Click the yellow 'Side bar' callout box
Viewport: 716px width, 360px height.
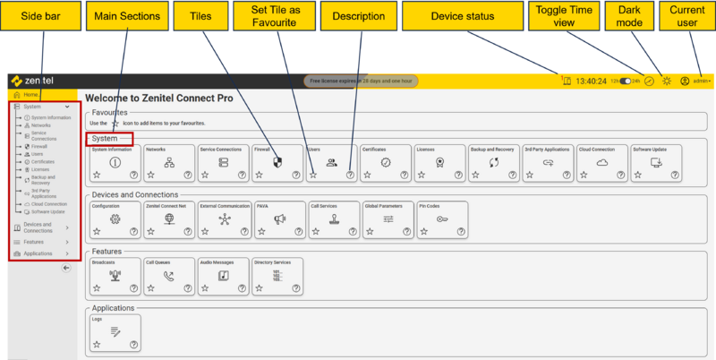(x=38, y=15)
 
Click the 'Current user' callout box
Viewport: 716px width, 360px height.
(x=686, y=15)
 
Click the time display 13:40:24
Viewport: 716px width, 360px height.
(x=591, y=81)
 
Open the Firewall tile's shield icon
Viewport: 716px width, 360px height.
(x=277, y=162)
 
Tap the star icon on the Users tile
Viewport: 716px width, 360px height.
(x=312, y=176)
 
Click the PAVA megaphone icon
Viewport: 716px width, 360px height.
(x=279, y=219)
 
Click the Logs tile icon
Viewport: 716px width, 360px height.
(x=115, y=331)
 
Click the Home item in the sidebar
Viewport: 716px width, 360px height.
(x=30, y=95)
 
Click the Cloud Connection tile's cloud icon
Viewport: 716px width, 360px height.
(x=602, y=162)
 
